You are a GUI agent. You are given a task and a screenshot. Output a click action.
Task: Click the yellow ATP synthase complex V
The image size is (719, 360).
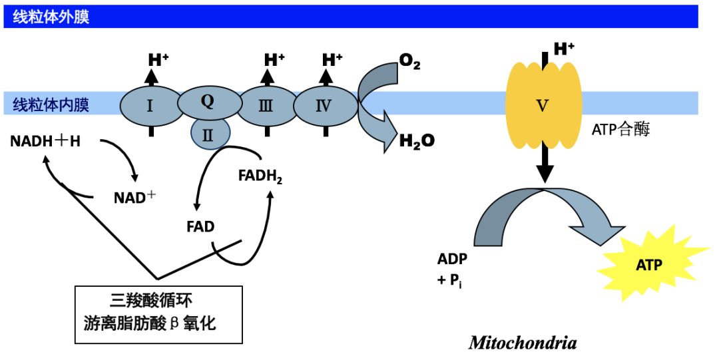544,104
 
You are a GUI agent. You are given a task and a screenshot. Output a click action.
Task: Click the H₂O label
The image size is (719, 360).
417,140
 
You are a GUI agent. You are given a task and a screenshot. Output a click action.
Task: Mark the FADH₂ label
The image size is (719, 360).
260,176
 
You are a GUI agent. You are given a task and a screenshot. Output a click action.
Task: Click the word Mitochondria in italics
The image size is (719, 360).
523,343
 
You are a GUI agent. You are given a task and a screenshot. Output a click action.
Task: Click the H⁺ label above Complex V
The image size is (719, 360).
564,49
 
